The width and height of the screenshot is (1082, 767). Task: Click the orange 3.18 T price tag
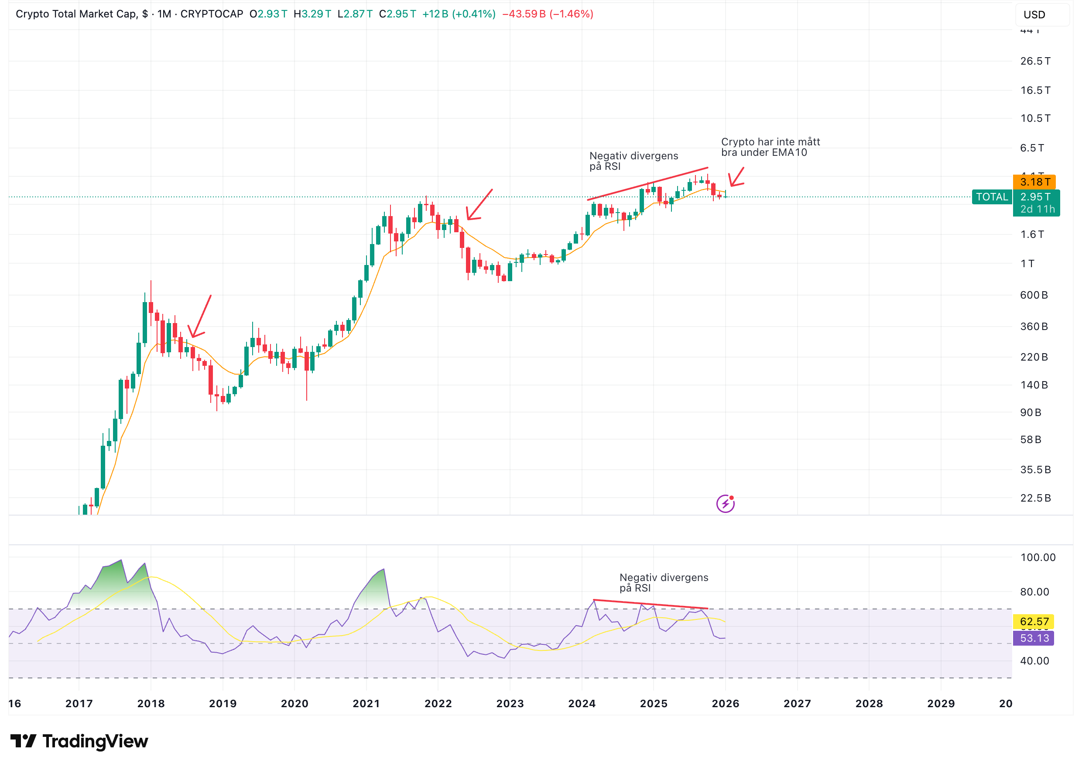[x=1034, y=182]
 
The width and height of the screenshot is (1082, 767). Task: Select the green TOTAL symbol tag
[x=991, y=197]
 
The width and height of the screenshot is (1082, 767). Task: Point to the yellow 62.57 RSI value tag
[x=1034, y=622]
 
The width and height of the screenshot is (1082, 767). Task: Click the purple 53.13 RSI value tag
[x=1034, y=639]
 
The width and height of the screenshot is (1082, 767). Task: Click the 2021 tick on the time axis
[x=366, y=704]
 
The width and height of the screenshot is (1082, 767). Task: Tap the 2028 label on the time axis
[x=869, y=704]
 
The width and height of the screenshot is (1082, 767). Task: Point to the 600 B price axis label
[x=1034, y=295]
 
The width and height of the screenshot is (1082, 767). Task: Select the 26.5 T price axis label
[x=1035, y=62]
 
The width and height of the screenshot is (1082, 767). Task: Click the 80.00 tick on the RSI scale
[x=1034, y=592]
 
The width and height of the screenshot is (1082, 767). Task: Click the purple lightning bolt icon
[x=725, y=503]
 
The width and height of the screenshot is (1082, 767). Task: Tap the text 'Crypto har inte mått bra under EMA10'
[x=770, y=147]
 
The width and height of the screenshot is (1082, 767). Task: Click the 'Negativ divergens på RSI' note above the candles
[x=633, y=161]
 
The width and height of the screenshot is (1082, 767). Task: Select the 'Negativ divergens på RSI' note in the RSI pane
[x=663, y=583]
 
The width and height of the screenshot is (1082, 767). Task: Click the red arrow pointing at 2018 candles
[x=200, y=316]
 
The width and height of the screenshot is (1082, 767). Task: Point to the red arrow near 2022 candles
[x=479, y=205]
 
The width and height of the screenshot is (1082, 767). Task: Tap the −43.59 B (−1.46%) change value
[x=547, y=14]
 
